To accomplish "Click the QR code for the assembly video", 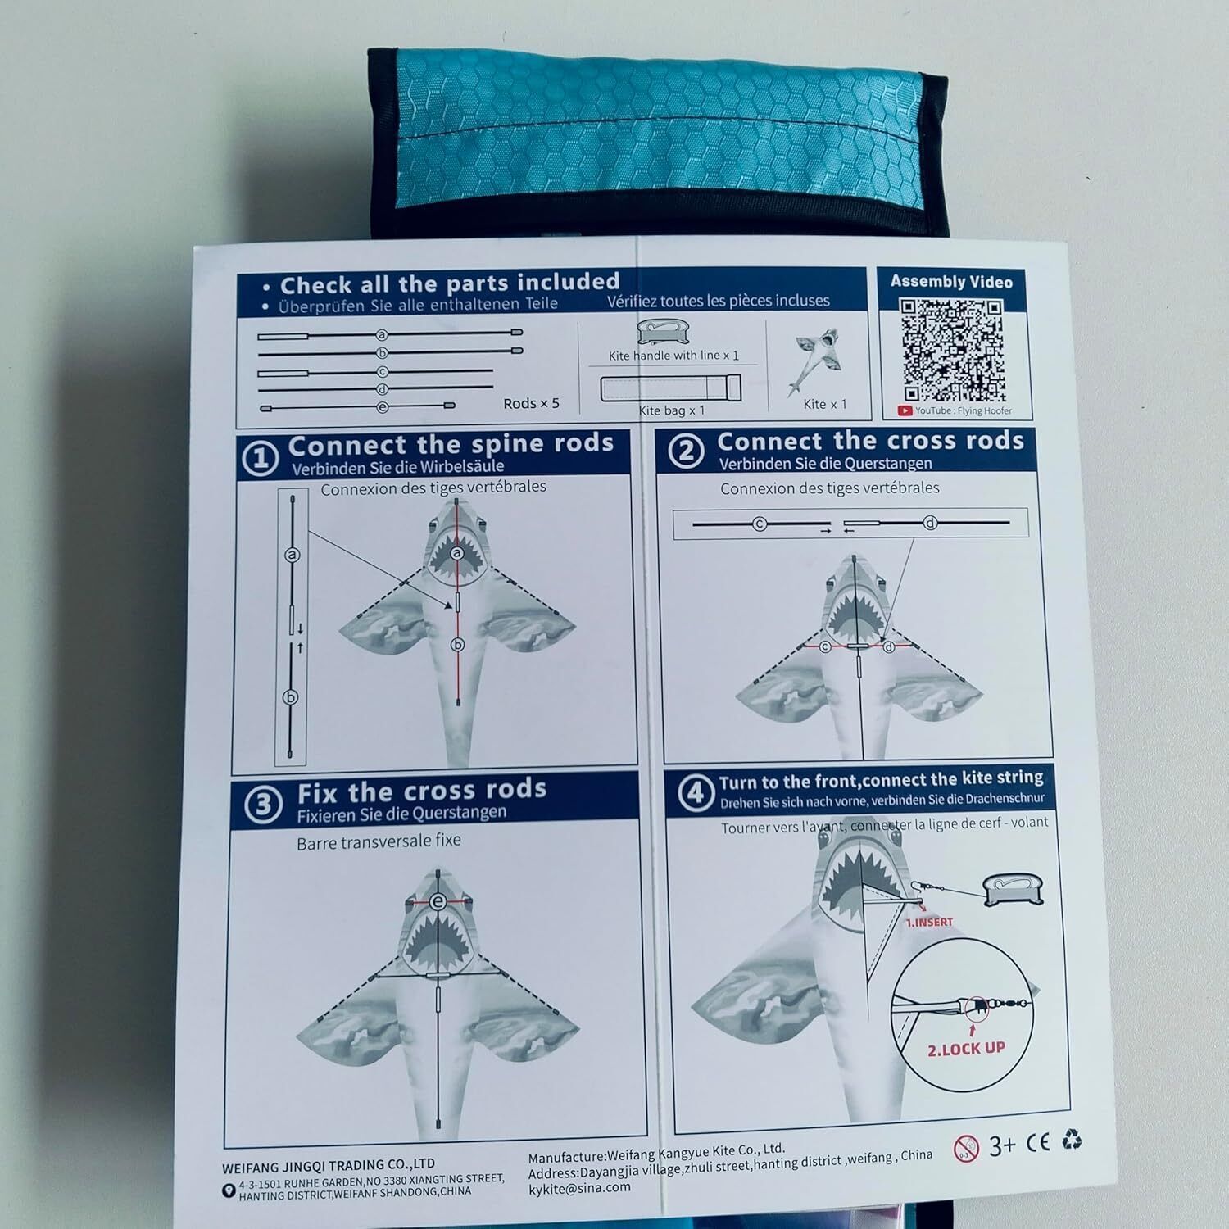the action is pyautogui.click(x=952, y=350).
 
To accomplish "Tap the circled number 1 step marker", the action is pyautogui.click(x=261, y=459).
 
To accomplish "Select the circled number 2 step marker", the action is pyautogui.click(x=686, y=451).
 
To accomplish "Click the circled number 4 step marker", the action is pyautogui.click(x=696, y=792).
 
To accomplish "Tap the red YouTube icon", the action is pyautogui.click(x=905, y=411).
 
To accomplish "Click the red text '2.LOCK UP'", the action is pyautogui.click(x=966, y=1049).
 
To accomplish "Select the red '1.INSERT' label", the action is pyautogui.click(x=929, y=923).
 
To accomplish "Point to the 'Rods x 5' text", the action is pyautogui.click(x=531, y=403).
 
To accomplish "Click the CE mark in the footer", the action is pyautogui.click(x=1038, y=1142).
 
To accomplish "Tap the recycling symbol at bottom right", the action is pyautogui.click(x=1072, y=1139).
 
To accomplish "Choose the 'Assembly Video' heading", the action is pyautogui.click(x=951, y=282).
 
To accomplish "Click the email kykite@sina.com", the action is pyautogui.click(x=579, y=1187).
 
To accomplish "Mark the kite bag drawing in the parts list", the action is pyautogui.click(x=671, y=388).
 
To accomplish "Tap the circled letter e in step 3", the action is pyautogui.click(x=439, y=902).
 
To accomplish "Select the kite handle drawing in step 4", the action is pyautogui.click(x=1014, y=891).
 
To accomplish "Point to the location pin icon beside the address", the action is pyautogui.click(x=229, y=1190).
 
